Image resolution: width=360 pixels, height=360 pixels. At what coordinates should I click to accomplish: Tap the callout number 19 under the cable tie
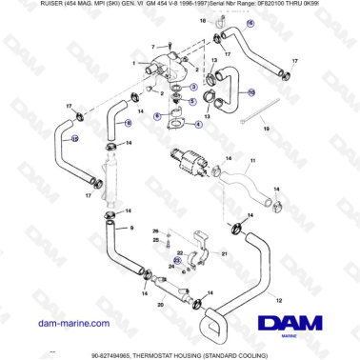[267, 128]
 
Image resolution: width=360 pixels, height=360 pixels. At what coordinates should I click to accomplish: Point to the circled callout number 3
[194, 86]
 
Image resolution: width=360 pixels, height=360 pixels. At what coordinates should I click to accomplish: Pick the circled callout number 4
[198, 124]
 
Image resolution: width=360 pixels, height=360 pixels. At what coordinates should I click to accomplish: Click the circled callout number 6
[157, 115]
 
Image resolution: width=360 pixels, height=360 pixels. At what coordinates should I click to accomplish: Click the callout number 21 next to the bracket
[225, 255]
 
